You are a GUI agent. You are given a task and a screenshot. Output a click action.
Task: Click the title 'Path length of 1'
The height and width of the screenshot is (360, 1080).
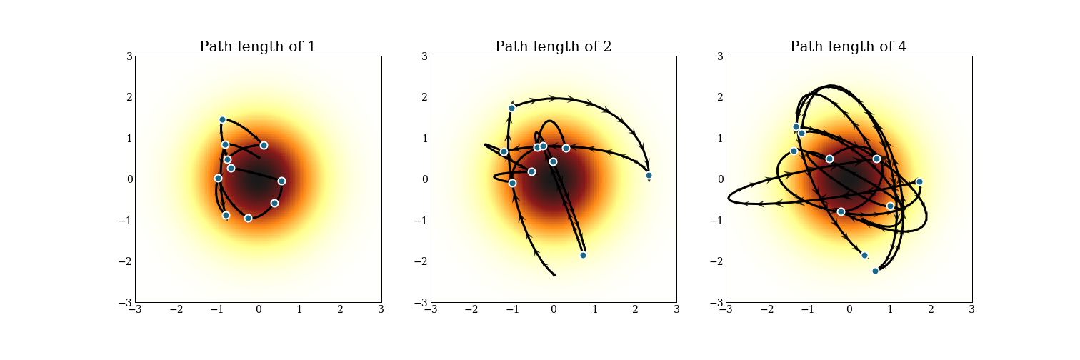coord(257,47)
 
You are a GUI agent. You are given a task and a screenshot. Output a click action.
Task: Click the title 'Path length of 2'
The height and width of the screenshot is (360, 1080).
coord(553,47)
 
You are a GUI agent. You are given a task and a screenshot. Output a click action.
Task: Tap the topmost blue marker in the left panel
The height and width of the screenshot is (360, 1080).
coord(222,120)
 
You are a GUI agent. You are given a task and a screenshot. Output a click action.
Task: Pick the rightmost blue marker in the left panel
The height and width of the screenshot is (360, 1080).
coord(281,181)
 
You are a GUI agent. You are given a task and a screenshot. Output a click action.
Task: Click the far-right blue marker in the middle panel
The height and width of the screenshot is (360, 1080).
coord(649,175)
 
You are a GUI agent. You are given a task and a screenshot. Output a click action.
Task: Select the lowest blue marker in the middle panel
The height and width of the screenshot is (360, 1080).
coord(583,255)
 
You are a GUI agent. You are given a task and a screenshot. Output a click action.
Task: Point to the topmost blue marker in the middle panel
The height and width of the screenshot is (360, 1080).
coord(511,108)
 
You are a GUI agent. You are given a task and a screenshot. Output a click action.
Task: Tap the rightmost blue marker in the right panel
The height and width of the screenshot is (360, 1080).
coord(919,181)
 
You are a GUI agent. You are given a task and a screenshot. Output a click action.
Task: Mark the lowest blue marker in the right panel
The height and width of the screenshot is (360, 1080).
coord(875,271)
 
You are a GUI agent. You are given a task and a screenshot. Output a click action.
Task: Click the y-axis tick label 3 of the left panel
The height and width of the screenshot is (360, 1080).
coord(129,56)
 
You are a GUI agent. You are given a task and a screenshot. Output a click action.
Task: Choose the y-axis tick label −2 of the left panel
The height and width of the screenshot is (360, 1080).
coord(126,262)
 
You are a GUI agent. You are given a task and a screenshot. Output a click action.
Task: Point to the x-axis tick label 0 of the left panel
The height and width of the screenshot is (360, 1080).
coord(258,310)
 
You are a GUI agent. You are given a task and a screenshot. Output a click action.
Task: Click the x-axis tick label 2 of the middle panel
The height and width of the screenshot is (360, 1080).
coord(635,310)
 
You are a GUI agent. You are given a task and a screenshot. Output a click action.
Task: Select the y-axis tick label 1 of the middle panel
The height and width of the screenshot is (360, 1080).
coord(424,139)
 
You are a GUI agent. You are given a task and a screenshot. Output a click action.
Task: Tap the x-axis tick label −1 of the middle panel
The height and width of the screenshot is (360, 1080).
coord(511,310)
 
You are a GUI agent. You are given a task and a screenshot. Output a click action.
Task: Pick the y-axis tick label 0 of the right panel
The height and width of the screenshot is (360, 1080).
coord(719,180)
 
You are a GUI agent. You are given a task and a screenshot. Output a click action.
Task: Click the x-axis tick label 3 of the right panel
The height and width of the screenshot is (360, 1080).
coord(971,310)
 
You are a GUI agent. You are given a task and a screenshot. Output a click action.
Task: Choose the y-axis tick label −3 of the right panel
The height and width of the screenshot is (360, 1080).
coord(716,303)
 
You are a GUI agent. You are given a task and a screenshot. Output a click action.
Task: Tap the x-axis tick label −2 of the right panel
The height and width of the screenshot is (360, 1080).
coord(766,310)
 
